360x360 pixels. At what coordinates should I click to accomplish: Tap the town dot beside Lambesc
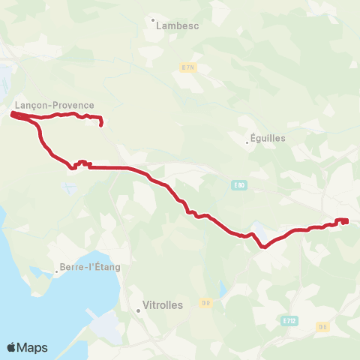pos(153,20)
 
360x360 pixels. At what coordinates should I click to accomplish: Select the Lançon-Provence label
pos(55,106)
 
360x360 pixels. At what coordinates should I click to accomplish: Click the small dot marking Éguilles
pos(247,142)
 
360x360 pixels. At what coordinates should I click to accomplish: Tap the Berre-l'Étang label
pos(91,266)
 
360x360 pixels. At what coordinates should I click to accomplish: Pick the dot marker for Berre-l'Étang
pos(56,271)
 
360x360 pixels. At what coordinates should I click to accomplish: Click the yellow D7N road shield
pos(187,67)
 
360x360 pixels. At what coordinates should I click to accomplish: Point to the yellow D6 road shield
pos(322,326)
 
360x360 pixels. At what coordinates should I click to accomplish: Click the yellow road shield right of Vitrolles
pos(205,303)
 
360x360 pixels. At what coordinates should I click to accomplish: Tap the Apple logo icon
pos(12,347)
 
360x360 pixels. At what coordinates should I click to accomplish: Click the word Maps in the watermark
pos(34,348)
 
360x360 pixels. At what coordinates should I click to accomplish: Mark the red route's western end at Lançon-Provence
pos(13,115)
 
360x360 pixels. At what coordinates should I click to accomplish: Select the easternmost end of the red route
pos(346,220)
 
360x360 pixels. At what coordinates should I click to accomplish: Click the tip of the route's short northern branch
pos(100,124)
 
